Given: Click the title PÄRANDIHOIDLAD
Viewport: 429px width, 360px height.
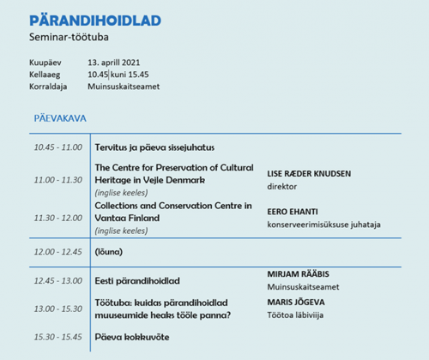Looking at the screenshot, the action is pos(95,20).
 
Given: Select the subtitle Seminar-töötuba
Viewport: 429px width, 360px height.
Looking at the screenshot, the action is pos(69,37).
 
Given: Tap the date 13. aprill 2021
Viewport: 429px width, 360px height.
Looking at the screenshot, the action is pos(114,63).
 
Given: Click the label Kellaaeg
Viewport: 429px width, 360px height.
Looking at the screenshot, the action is pos(45,75).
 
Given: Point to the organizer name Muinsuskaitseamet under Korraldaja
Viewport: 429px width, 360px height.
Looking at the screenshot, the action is pos(124,87).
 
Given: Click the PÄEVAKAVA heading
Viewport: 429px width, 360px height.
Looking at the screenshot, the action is pos(60,118).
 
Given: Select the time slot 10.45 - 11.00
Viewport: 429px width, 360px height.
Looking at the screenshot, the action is pos(58,147).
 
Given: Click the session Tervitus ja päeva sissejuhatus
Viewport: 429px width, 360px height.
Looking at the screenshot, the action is pos(154,147).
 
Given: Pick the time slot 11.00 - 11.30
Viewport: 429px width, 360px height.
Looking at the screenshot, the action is pos(58,180).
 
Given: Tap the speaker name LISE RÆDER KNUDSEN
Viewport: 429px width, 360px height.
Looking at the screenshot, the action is pos(309,174).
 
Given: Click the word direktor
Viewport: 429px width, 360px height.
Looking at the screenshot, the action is pos(282,187).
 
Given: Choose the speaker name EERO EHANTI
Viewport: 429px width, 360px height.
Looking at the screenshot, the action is pos(293,212).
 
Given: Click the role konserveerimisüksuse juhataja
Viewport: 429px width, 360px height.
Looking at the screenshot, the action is pos(323,225).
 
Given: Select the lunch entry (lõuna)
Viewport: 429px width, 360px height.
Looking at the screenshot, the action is pos(109,252).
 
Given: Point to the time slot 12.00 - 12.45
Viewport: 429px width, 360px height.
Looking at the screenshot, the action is pos(58,252).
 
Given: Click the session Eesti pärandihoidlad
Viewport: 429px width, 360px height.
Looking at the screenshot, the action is pos(137,281).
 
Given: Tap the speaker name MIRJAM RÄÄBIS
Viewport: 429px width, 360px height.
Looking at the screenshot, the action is pos(299,274).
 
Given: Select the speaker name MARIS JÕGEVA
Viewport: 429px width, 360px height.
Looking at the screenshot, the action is pos(296,303).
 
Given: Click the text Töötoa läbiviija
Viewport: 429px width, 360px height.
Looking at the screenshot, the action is pos(295,315).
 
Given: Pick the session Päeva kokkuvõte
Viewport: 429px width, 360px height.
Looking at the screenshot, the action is pos(132,337).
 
